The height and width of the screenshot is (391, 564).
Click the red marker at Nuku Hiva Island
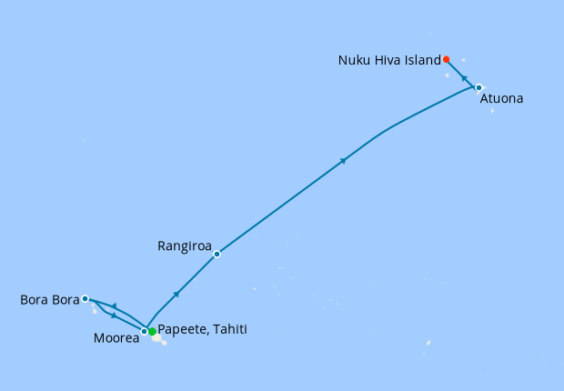click(x=446, y=59)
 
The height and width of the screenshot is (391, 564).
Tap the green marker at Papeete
click(x=152, y=332)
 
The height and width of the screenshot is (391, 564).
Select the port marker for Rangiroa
click(x=217, y=254)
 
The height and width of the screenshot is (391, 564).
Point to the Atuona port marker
click(x=478, y=87)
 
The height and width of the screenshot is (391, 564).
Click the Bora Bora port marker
click(x=85, y=298)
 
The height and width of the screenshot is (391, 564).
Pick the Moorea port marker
click(x=144, y=331)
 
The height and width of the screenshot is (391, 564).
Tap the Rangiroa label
click(x=185, y=246)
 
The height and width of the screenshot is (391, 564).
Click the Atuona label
click(x=501, y=98)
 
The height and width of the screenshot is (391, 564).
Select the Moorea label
click(x=116, y=339)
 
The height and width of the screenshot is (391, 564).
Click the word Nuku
click(x=354, y=61)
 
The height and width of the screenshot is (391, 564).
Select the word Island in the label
click(x=423, y=61)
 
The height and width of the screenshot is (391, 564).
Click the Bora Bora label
click(x=50, y=299)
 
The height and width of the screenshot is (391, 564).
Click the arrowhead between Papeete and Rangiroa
click(x=176, y=294)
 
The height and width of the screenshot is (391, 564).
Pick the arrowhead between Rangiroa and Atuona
click(x=343, y=161)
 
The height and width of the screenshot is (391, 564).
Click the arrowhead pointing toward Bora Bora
click(x=114, y=306)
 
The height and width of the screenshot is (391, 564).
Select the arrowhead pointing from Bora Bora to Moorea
click(x=114, y=316)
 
